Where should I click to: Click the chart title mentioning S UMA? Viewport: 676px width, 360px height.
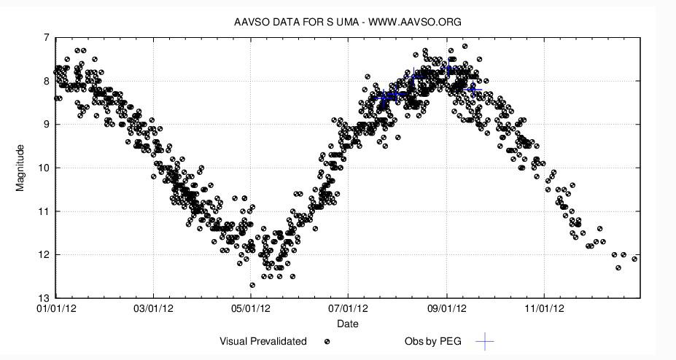pyautogui.click(x=347, y=22)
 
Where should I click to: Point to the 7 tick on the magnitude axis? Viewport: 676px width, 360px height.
pyautogui.click(x=47, y=37)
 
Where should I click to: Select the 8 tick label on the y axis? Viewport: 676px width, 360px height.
pyautogui.click(x=47, y=81)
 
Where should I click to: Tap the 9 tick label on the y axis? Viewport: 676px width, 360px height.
pyautogui.click(x=47, y=125)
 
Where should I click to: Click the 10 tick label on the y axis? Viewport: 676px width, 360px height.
pyautogui.click(x=44, y=168)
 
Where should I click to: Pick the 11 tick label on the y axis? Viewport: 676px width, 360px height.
pyautogui.click(x=44, y=211)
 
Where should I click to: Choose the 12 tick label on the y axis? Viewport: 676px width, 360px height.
pyautogui.click(x=44, y=255)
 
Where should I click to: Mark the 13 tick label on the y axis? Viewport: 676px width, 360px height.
pyautogui.click(x=44, y=298)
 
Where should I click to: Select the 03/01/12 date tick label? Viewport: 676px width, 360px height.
pyautogui.click(x=153, y=309)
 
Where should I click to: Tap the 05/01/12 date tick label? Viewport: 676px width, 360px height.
pyautogui.click(x=251, y=309)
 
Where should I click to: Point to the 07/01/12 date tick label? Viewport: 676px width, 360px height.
pyautogui.click(x=348, y=309)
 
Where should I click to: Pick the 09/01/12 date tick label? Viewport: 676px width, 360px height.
pyautogui.click(x=447, y=309)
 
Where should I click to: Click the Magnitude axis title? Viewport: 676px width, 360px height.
pyautogui.click(x=20, y=168)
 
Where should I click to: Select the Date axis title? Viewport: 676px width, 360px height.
pyautogui.click(x=347, y=324)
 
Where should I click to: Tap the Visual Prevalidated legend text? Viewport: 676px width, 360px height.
pyautogui.click(x=263, y=341)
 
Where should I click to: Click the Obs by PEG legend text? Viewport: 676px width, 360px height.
pyautogui.click(x=433, y=341)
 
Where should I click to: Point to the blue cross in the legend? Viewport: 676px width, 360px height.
pyautogui.click(x=485, y=341)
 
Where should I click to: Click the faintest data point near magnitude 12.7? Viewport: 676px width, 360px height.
pyautogui.click(x=252, y=285)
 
